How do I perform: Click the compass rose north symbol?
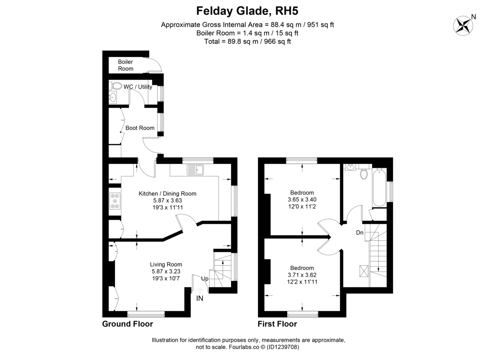coord(464,24)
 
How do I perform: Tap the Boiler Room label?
coord(125,65)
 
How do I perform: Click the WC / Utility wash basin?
coord(112,98)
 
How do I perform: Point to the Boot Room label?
coord(140,128)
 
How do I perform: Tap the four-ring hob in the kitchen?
coord(114,201)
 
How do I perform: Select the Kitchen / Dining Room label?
coord(167,194)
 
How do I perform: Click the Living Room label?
coord(166,265)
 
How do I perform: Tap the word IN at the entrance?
coord(200,298)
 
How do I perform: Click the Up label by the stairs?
coord(205,279)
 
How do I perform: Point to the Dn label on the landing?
coord(360,233)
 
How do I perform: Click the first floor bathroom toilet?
coord(364,174)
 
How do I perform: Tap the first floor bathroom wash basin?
coord(350,168)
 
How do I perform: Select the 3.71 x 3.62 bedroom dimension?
coord(302,275)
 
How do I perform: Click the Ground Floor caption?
coord(127,324)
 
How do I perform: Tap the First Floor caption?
coord(277,324)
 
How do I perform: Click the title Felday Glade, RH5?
coord(247,9)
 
